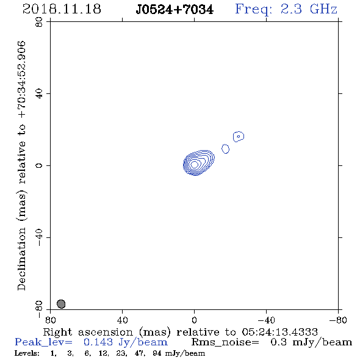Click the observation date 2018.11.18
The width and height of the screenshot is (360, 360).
(x=62, y=9)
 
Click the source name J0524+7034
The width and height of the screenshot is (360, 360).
(x=175, y=10)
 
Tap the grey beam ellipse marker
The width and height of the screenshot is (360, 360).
(x=61, y=304)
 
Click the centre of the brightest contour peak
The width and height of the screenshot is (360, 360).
(x=195, y=164)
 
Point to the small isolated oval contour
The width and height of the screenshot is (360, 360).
(x=226, y=149)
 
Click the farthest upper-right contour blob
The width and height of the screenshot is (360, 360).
(x=239, y=137)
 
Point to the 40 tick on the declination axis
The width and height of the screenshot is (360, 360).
(x=39, y=94)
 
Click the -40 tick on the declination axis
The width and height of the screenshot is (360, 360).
(x=39, y=237)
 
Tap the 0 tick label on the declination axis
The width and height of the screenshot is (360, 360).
(x=39, y=165)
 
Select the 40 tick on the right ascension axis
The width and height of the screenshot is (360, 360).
(x=122, y=320)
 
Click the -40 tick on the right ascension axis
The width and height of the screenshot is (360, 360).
(x=266, y=320)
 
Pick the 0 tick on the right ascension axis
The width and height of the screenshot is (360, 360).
(x=194, y=320)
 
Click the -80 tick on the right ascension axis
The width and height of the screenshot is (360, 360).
(x=338, y=320)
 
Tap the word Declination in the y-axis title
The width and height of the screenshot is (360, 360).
(x=21, y=259)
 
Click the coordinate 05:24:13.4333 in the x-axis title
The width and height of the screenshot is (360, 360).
(x=279, y=332)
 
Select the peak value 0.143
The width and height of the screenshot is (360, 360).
(x=98, y=342)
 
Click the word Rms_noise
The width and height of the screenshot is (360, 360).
(x=225, y=342)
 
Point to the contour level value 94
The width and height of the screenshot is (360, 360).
(x=157, y=353)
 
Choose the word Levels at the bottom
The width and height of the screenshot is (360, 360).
(x=27, y=353)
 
